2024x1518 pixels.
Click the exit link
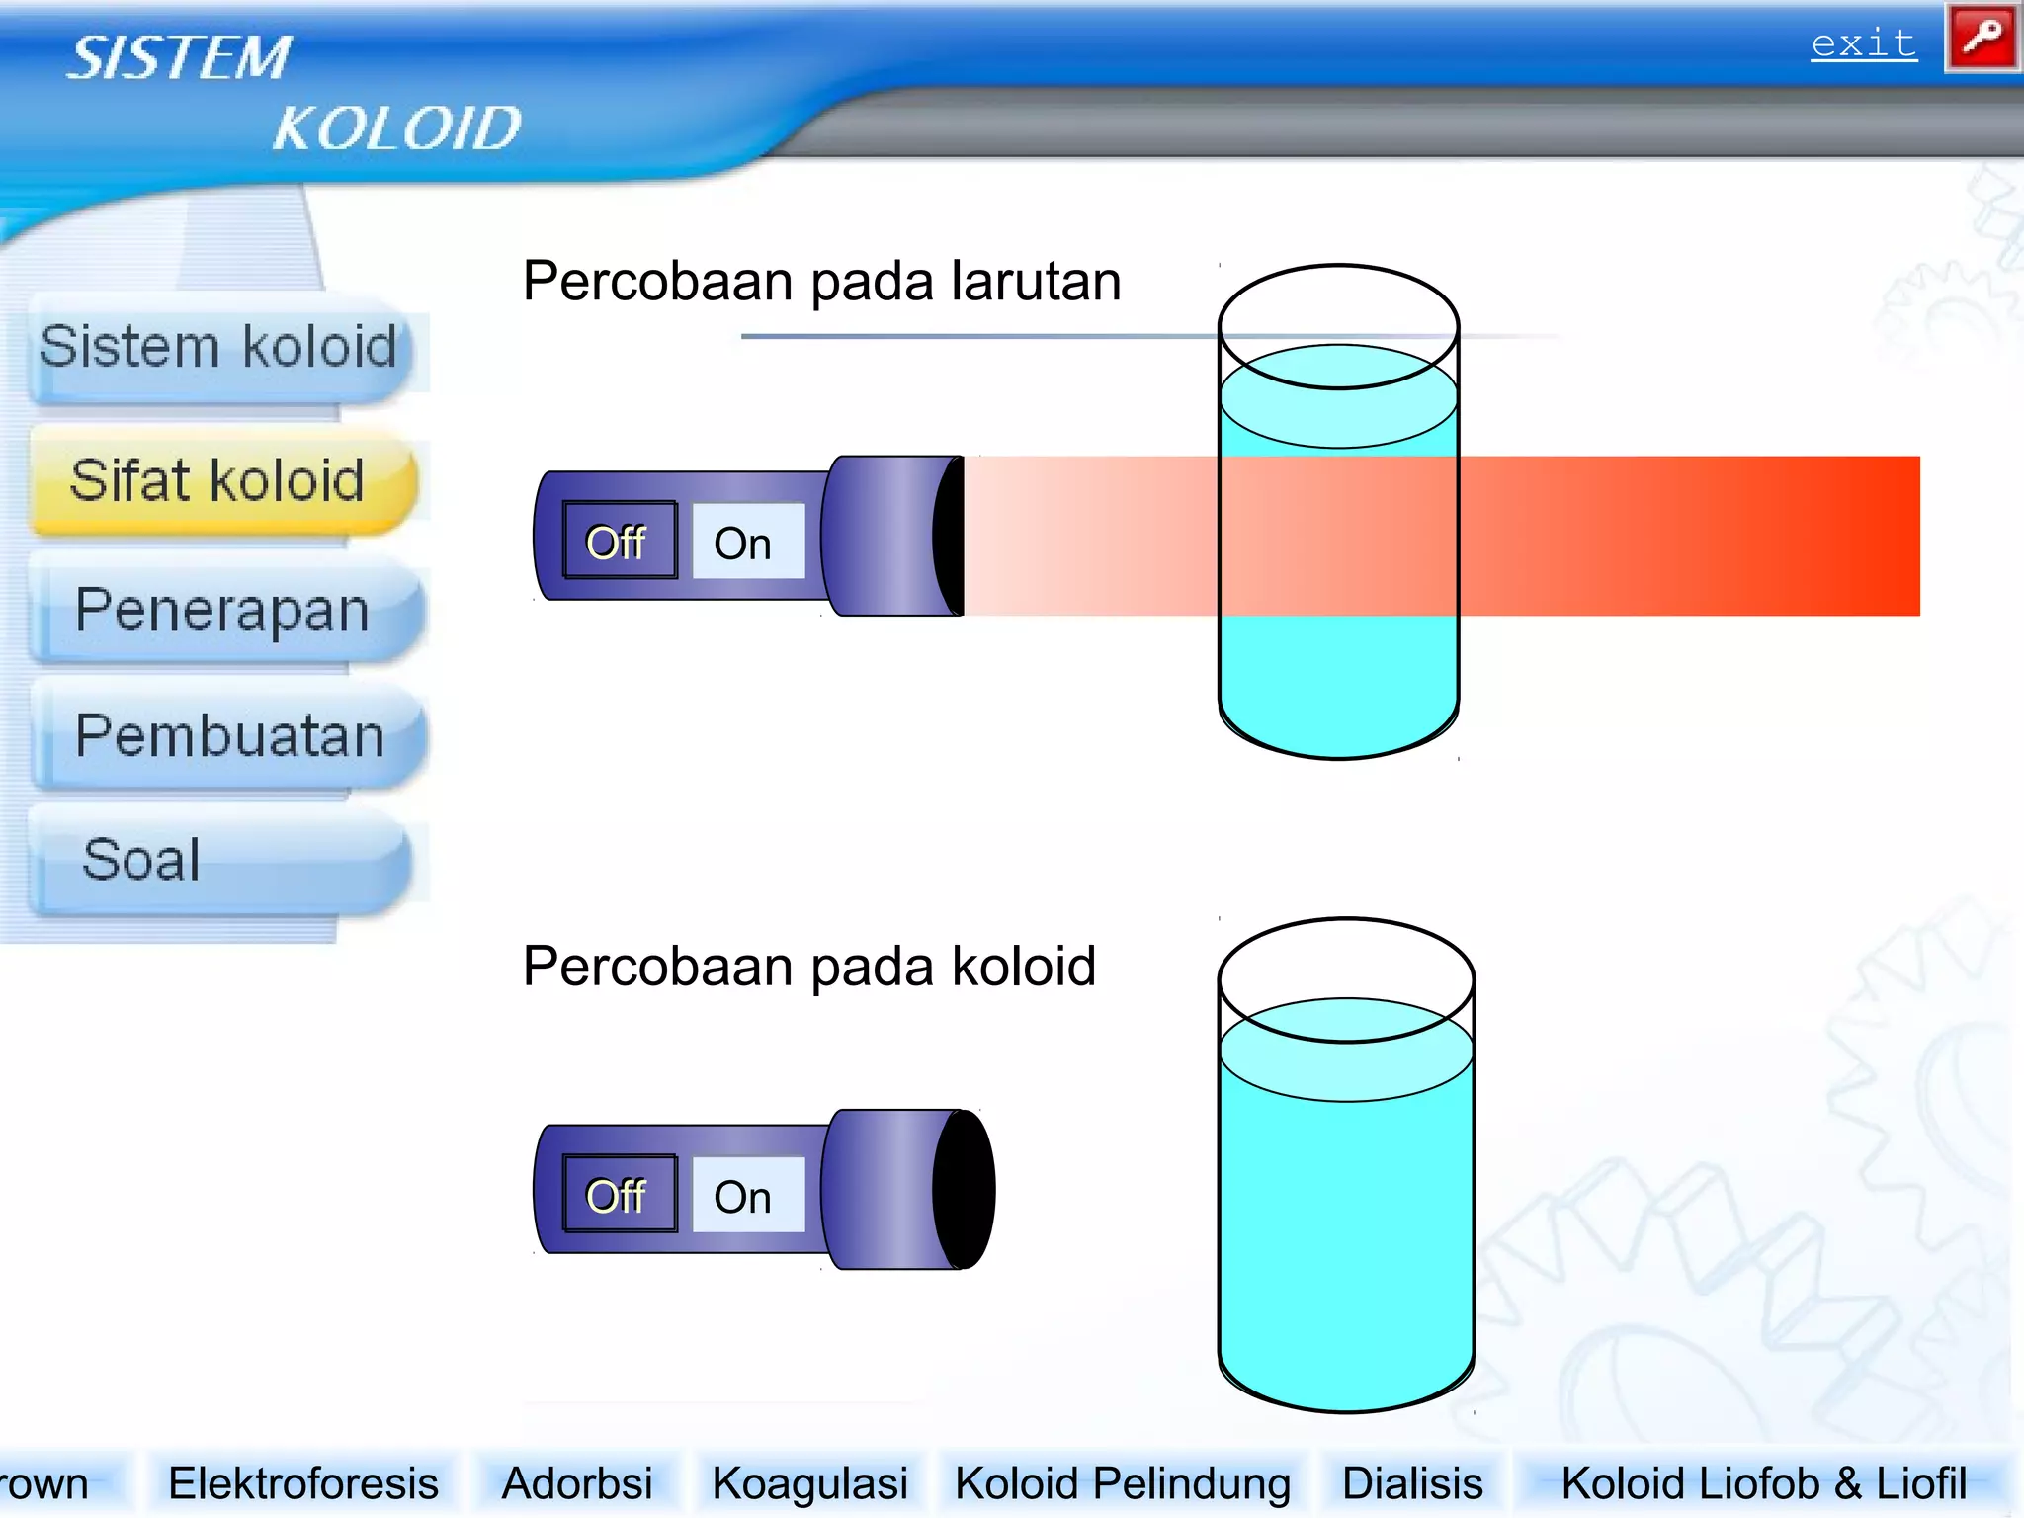click(1863, 44)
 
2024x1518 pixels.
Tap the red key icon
click(1982, 39)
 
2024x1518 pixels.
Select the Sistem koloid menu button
click(219, 348)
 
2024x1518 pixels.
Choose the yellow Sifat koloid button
click(219, 481)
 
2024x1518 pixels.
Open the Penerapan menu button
click(223, 609)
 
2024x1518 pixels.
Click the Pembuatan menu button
click(229, 736)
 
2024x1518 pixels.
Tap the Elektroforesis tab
click(303, 1483)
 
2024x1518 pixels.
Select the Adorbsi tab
click(577, 1483)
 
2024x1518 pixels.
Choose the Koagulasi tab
click(809, 1483)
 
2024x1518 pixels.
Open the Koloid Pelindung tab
click(1123, 1483)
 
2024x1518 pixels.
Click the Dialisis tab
click(1412, 1483)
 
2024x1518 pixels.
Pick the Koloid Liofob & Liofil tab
click(1763, 1483)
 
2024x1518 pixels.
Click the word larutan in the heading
click(1036, 282)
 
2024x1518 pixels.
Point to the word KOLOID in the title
click(397, 128)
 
